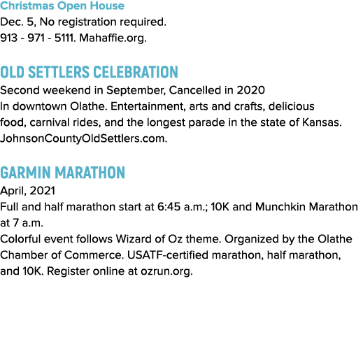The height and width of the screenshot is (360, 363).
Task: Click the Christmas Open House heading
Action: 62,6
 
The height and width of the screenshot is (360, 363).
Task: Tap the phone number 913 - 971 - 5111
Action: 38,38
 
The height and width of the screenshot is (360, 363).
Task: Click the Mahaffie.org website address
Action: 113,38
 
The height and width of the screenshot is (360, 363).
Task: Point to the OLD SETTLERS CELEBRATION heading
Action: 89,72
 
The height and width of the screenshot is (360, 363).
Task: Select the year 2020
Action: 251,90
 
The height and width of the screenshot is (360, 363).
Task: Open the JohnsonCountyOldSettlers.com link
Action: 83,138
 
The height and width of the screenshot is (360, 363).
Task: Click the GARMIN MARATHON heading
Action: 62,173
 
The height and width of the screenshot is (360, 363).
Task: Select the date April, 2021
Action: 27,191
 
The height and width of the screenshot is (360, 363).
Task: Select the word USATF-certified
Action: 168,255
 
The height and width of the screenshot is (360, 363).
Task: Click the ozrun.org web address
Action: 166,271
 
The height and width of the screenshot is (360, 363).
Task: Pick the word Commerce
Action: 94,255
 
